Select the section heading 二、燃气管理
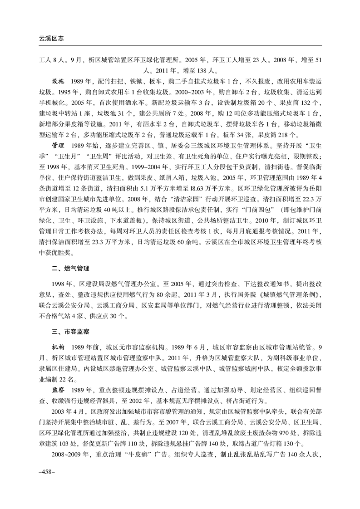(x=69, y=269)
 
